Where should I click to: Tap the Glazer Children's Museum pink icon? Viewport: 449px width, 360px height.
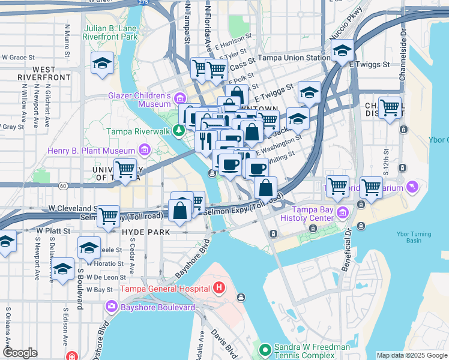(x=179, y=97)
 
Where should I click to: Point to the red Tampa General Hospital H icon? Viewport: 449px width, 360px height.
(x=219, y=289)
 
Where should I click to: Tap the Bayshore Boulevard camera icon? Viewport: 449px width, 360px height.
(x=112, y=307)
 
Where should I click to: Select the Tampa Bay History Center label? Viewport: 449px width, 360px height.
(x=313, y=219)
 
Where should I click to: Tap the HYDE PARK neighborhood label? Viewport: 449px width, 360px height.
(x=146, y=232)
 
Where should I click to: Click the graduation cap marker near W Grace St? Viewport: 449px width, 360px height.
(x=103, y=62)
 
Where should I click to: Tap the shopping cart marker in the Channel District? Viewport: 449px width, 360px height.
(x=390, y=109)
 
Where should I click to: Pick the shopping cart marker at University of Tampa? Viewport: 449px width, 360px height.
(x=125, y=170)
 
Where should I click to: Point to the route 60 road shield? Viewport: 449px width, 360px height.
(x=63, y=186)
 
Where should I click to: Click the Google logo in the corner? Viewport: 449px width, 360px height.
(x=20, y=352)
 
